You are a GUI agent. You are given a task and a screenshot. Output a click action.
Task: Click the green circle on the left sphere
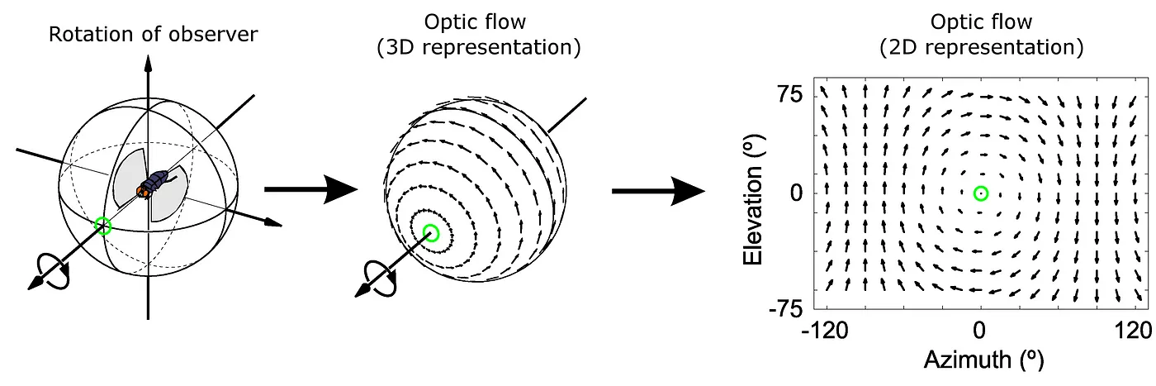click(x=103, y=226)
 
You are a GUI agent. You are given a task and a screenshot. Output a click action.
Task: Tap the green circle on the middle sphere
click(x=430, y=233)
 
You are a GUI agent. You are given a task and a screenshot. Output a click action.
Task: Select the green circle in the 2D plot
click(x=981, y=193)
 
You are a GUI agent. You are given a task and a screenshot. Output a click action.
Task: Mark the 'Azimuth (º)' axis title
click(x=980, y=360)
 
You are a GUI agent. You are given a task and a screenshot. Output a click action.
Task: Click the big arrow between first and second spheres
click(x=310, y=189)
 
